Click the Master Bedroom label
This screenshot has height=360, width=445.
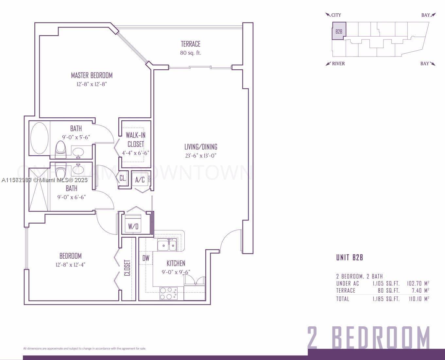(x=92, y=76)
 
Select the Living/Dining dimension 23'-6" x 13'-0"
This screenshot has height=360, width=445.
(x=201, y=156)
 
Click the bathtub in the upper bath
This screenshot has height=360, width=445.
(x=40, y=138)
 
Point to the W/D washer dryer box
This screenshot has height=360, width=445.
(x=133, y=226)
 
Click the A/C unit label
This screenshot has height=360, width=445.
(x=140, y=180)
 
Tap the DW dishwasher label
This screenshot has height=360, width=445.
(x=146, y=258)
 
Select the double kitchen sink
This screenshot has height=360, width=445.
(x=167, y=245)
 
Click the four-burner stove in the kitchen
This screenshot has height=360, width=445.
(x=168, y=293)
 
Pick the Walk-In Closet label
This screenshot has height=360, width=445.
(x=136, y=140)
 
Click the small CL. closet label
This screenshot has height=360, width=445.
(x=123, y=178)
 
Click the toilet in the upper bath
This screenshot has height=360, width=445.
(x=61, y=149)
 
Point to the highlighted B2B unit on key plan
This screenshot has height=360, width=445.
(x=339, y=31)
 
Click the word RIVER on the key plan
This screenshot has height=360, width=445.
(x=338, y=64)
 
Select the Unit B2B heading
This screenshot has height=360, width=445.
(x=350, y=258)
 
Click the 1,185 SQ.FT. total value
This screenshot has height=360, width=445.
(x=386, y=299)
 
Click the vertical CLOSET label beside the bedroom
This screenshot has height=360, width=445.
(x=128, y=268)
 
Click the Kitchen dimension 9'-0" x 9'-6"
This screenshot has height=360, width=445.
(x=176, y=272)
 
